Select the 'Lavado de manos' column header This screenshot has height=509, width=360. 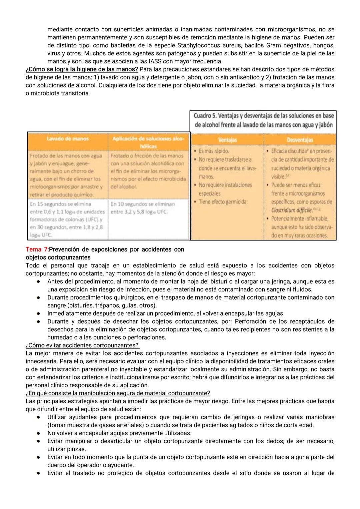(67, 139)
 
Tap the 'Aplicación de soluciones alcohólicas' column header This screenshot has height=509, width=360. (148, 142)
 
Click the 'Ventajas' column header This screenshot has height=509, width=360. (227, 140)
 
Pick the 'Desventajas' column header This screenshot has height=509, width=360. (300, 140)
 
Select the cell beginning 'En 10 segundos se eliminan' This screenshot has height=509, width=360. (142, 207)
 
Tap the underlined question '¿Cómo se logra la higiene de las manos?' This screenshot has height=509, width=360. (82, 69)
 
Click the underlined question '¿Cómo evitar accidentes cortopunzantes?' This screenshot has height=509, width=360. (82, 345)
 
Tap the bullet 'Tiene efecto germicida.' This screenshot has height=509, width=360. (223, 202)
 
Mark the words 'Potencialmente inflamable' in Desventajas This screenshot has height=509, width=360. (299, 218)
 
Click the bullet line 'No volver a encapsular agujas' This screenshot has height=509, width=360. (119, 433)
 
